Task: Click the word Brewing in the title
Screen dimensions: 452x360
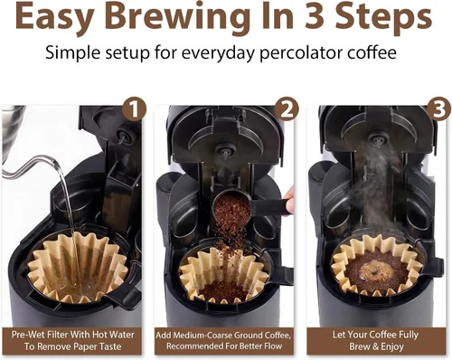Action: pos(177,18)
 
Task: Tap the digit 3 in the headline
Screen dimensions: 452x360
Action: pos(315,16)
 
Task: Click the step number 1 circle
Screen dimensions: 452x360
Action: pos(135,109)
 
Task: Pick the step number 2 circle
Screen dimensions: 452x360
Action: pos(287,109)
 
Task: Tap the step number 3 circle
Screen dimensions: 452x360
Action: pos(438,109)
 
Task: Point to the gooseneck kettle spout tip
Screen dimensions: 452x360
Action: pos(54,161)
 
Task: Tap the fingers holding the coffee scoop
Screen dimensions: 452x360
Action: pos(289,199)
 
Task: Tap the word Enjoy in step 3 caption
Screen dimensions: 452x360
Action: pos(392,346)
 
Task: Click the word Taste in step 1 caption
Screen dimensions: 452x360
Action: pos(108,346)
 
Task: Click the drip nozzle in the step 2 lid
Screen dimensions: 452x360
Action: pos(225,152)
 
